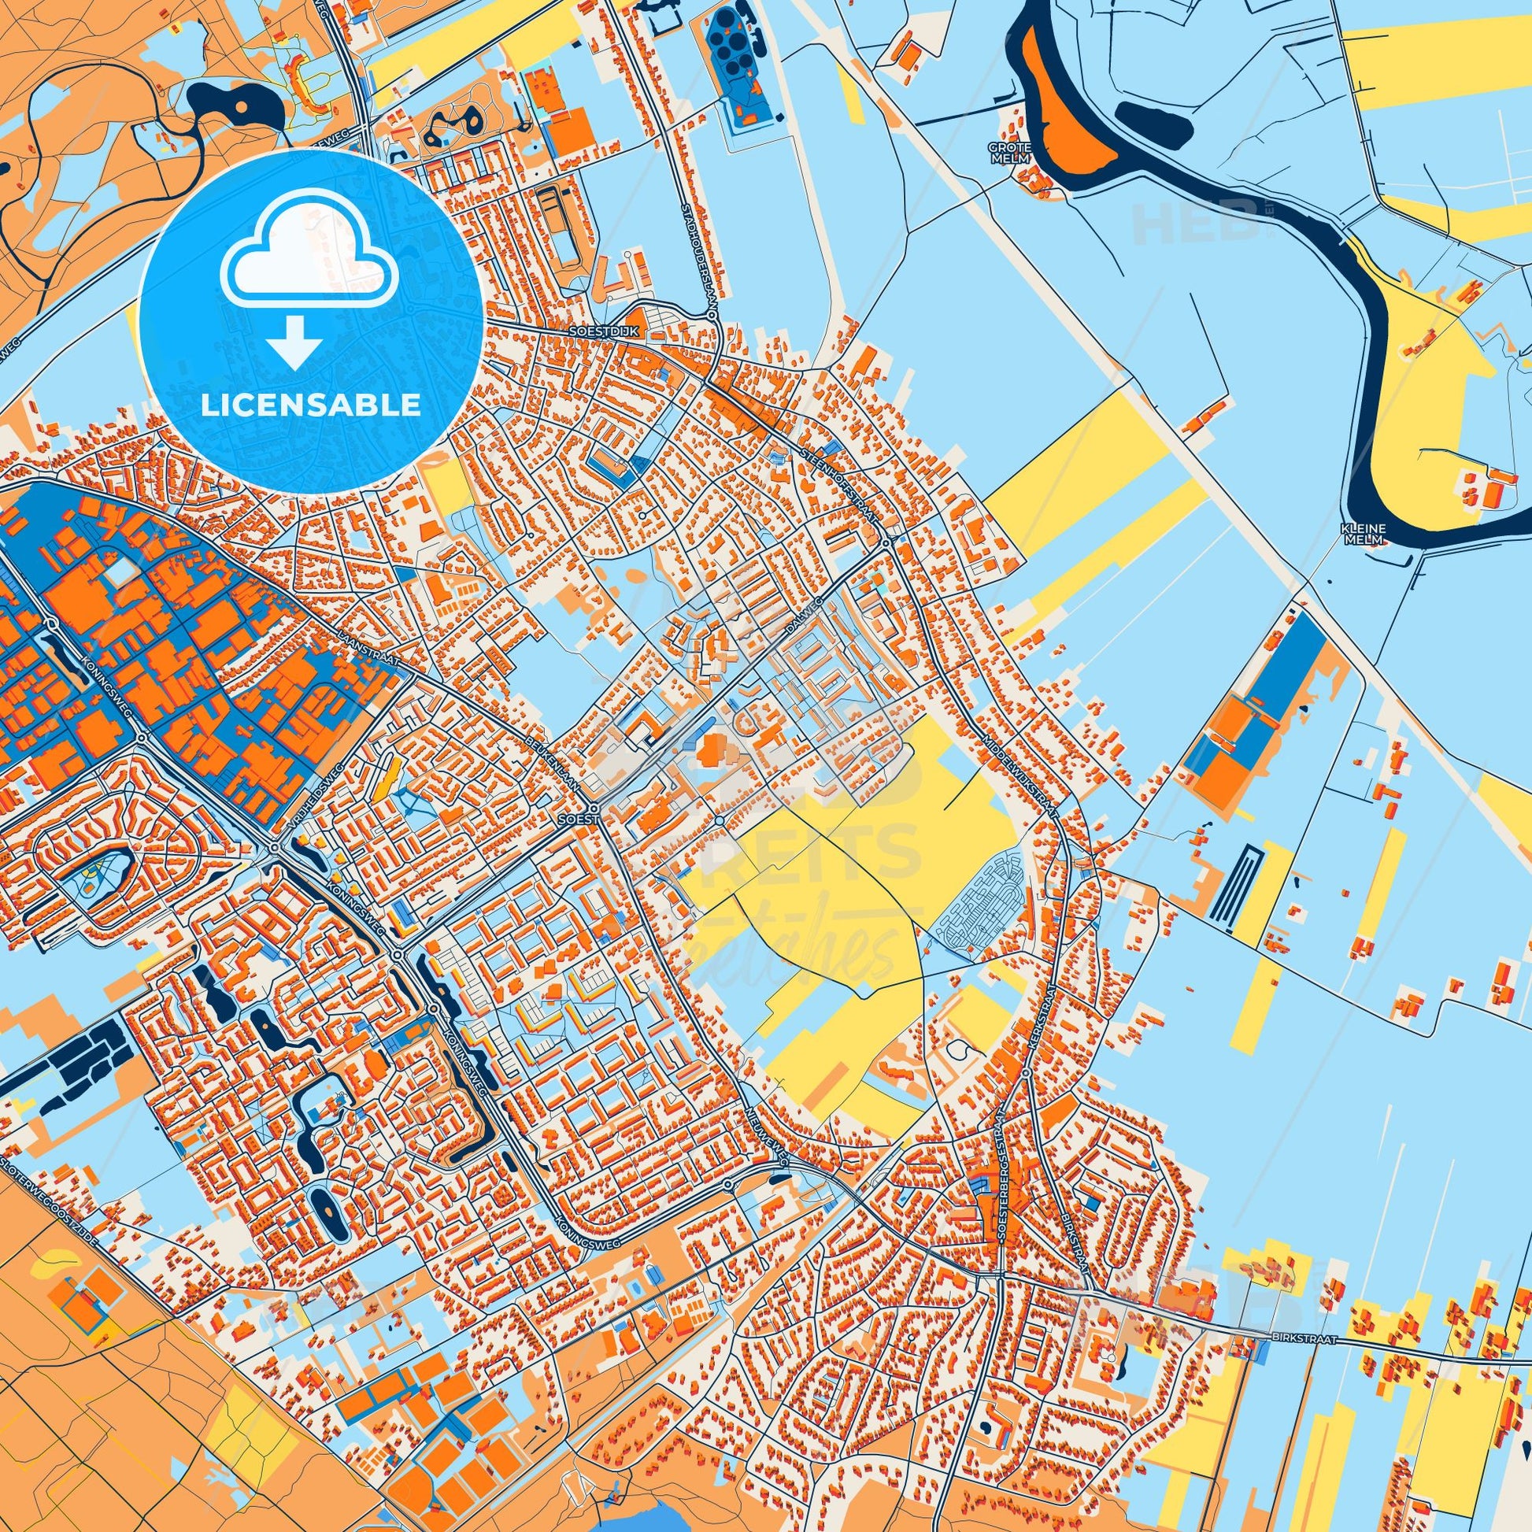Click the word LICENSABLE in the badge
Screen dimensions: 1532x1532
point(311,405)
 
